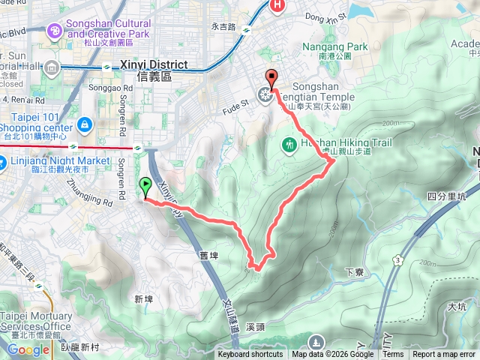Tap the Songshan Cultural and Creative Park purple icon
(55, 30)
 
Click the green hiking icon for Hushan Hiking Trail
(289, 143)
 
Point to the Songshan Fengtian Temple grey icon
(264, 94)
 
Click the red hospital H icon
(277, 6)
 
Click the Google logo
(29, 349)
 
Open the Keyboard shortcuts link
(250, 355)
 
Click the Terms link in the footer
(393, 355)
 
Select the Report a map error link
(444, 355)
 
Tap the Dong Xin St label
(325, 15)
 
